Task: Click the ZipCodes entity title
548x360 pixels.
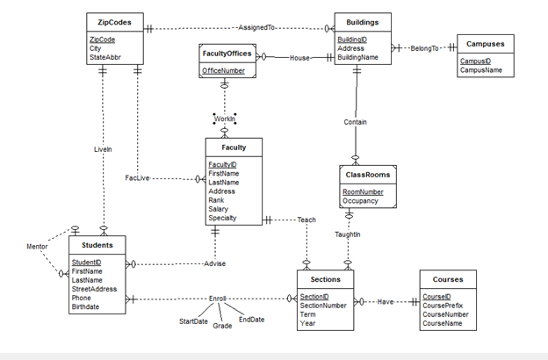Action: [115, 21]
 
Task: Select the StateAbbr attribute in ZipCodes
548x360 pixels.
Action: [106, 58]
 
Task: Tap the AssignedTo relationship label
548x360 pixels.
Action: [256, 28]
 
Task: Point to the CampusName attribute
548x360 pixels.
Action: [482, 70]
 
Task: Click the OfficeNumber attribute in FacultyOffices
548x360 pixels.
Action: [224, 70]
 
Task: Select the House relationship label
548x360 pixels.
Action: [300, 58]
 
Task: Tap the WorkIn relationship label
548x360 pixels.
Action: [224, 119]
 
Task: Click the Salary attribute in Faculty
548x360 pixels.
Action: [220, 209]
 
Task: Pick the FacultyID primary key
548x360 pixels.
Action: [222, 165]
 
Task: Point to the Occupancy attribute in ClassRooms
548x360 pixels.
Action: [360, 201]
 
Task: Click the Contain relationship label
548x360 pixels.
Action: [356, 122]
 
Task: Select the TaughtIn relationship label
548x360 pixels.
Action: [348, 234]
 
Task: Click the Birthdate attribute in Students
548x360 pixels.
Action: [85, 307]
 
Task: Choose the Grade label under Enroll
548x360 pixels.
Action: [222, 326]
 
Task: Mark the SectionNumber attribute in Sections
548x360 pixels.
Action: [323, 306]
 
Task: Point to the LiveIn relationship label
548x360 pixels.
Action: [103, 150]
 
